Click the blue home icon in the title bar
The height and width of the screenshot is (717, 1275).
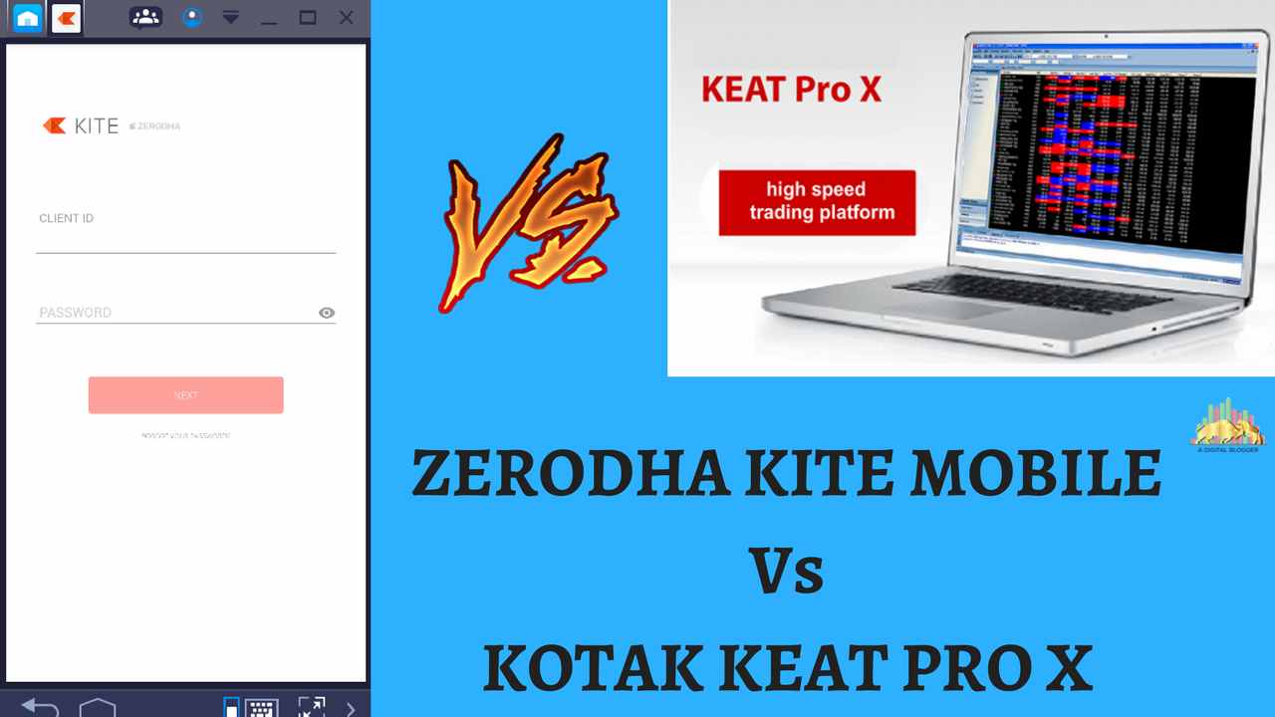point(28,18)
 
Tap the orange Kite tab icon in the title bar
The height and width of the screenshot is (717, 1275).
point(66,18)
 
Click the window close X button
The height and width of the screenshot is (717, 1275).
point(346,18)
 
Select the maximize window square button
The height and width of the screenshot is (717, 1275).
point(308,18)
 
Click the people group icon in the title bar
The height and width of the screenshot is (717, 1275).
point(145,17)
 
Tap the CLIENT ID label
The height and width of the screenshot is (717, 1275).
point(67,218)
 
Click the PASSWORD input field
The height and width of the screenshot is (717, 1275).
point(174,313)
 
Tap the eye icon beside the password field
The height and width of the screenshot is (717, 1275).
point(327,313)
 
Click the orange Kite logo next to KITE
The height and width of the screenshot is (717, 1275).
point(54,125)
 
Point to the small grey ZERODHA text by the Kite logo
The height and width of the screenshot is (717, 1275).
point(157,126)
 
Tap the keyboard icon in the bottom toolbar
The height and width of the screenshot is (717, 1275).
point(261,708)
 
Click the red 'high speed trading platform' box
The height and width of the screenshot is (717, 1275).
point(817,201)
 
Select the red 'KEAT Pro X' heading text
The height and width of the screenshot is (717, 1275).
point(792,90)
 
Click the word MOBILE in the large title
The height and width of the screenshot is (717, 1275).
point(1036,475)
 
